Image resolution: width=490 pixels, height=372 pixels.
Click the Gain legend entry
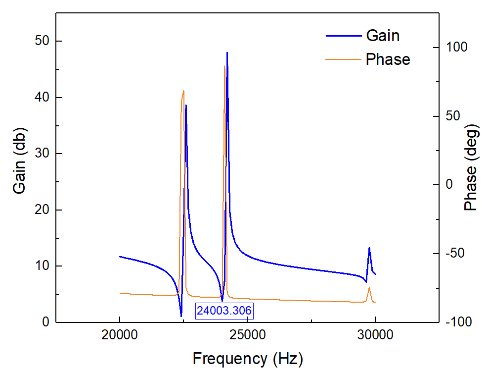(x=382, y=36)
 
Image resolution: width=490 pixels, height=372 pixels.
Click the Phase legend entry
(x=388, y=59)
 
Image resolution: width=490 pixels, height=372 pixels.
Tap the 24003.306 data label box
(x=224, y=311)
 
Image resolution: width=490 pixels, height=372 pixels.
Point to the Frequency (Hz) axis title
(x=247, y=358)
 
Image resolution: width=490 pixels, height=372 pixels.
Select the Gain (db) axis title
(x=19, y=160)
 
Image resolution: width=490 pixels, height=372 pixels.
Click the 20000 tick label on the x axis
(x=120, y=335)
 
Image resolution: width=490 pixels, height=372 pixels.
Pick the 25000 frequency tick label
(x=247, y=335)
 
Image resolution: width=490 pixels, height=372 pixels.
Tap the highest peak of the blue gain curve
(x=227, y=53)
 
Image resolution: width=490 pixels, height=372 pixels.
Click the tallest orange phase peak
(x=224, y=66)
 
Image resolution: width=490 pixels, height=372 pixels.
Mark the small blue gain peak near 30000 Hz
(x=369, y=248)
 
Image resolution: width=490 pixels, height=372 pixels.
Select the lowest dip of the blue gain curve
(x=181, y=316)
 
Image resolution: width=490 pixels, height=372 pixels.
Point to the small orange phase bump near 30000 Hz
(x=369, y=287)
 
